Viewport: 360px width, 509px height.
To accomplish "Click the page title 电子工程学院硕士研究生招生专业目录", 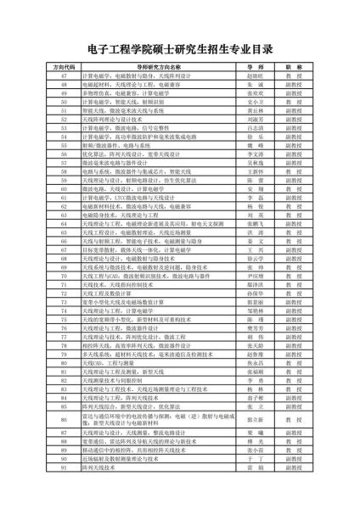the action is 180,48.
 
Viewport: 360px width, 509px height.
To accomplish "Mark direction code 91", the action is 64,467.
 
